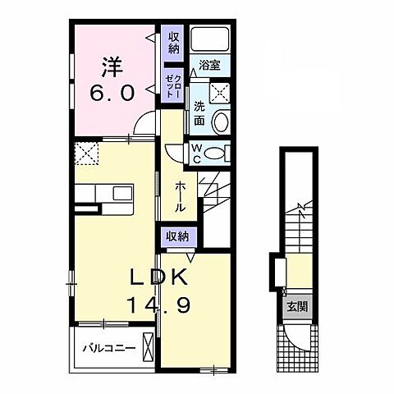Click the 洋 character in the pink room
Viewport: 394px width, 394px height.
pos(112,67)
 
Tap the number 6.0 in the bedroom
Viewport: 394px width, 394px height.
pos(112,93)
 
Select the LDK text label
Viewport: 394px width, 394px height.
pos(158,277)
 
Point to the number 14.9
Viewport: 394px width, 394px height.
pos(158,305)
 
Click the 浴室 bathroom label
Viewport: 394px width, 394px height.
pos(209,65)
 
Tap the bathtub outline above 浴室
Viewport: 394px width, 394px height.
pos(210,39)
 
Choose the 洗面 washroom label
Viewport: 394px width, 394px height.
pos(199,113)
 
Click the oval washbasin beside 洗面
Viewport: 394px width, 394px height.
pos(221,122)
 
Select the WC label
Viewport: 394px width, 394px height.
pos(197,153)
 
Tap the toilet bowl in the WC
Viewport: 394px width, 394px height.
pos(214,153)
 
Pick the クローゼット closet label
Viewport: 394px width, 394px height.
pos(173,86)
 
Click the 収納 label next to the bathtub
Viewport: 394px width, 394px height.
pos(173,43)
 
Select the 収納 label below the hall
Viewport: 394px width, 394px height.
pos(178,236)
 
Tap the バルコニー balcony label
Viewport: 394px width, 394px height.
pos(109,348)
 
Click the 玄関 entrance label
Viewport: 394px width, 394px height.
pos(297,307)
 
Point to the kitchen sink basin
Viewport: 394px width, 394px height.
pos(123,193)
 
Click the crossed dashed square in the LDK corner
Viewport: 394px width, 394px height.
pos(86,153)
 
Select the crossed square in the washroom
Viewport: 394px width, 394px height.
pos(220,92)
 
